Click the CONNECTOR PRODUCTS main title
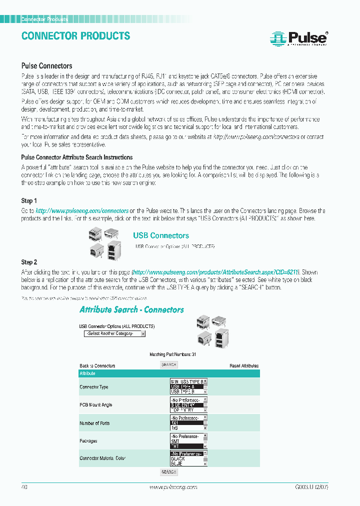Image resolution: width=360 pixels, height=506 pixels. coord(75,36)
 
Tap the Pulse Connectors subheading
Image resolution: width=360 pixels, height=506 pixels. coord(46,65)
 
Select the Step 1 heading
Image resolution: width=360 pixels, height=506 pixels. coord(29,201)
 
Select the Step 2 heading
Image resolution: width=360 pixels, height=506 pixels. coord(29,262)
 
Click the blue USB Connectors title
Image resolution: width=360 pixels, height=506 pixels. coord(160,235)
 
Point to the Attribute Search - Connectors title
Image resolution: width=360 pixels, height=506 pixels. coord(131,310)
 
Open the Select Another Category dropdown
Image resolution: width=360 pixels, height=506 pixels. coord(114,333)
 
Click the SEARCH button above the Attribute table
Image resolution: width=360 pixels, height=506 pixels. coord(169,365)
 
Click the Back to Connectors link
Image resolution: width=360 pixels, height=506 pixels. coord(97,366)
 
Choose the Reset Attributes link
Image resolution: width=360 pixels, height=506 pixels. coord(244,366)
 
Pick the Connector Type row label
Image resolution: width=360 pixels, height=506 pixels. coord(93,387)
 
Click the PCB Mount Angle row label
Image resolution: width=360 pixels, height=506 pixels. coord(96,405)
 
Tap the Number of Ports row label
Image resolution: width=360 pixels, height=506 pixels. coord(95,423)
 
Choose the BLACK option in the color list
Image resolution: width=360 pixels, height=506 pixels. coord(178,458)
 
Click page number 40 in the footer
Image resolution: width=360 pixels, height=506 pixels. coord(24,487)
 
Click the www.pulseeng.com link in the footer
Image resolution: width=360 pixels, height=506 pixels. coord(173,487)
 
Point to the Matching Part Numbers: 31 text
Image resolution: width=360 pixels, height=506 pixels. coord(169,354)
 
